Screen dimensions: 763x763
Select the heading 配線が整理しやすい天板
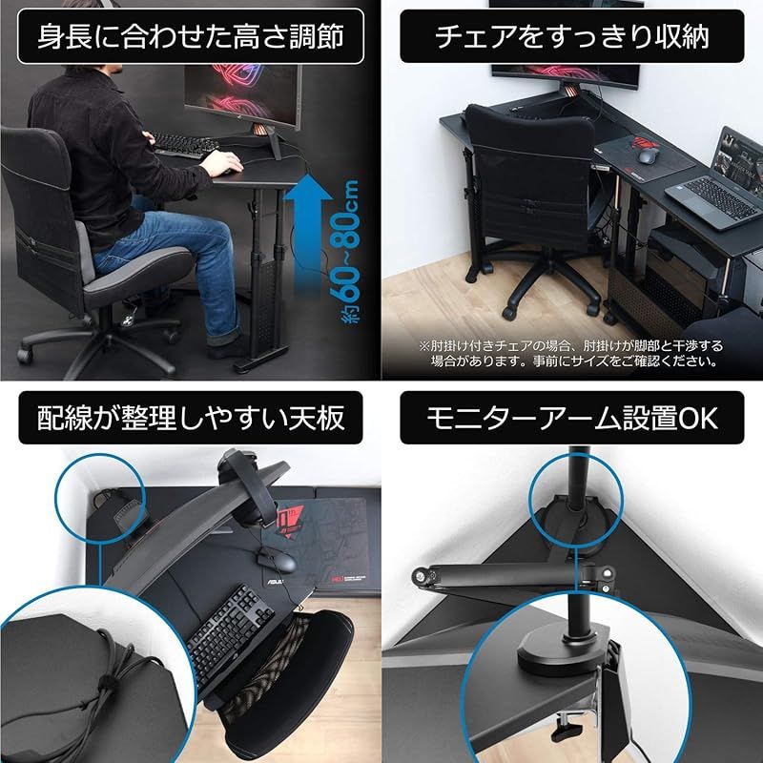point(190,418)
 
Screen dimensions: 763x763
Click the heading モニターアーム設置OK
point(572,418)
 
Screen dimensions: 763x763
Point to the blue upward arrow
point(309,229)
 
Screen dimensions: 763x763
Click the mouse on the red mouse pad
point(648,155)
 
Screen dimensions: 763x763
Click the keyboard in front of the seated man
point(181,144)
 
